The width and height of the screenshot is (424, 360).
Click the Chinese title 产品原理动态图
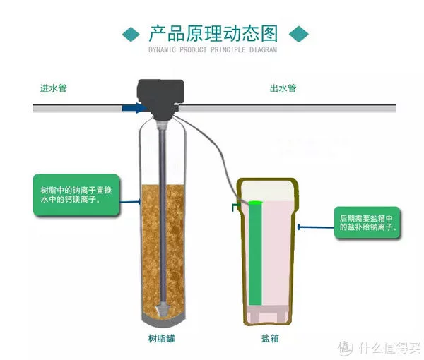click(213, 33)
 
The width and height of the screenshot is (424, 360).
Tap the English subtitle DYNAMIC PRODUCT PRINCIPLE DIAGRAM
click(213, 49)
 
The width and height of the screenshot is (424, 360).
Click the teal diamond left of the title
click(131, 35)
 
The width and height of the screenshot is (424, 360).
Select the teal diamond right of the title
click(299, 34)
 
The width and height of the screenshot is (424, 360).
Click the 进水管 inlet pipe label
click(53, 88)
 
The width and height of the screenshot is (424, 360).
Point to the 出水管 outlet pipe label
click(283, 88)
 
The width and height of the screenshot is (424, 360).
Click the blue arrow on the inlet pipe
click(134, 108)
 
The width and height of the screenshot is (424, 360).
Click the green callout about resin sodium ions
click(76, 195)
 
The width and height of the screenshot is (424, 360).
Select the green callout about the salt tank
click(367, 222)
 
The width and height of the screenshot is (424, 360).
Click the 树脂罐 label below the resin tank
click(162, 338)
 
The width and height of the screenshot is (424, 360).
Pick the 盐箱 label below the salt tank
click(270, 338)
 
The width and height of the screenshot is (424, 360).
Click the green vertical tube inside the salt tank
click(255, 254)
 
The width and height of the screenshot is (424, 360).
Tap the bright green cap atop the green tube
click(255, 203)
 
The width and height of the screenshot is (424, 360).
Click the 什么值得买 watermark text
click(389, 347)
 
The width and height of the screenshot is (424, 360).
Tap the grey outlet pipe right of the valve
click(287, 108)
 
